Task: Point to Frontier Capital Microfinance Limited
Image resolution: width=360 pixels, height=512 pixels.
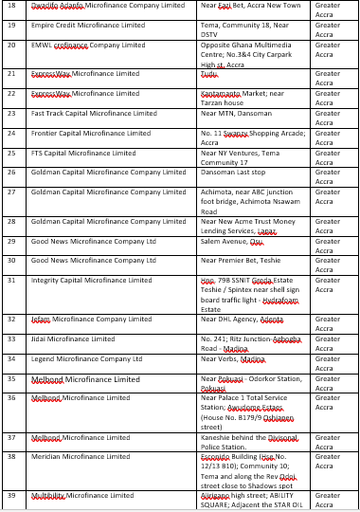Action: (x=91, y=133)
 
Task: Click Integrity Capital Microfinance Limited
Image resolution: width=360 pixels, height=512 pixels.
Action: (x=91, y=280)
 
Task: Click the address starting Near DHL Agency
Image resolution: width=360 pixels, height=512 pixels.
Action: (x=242, y=320)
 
